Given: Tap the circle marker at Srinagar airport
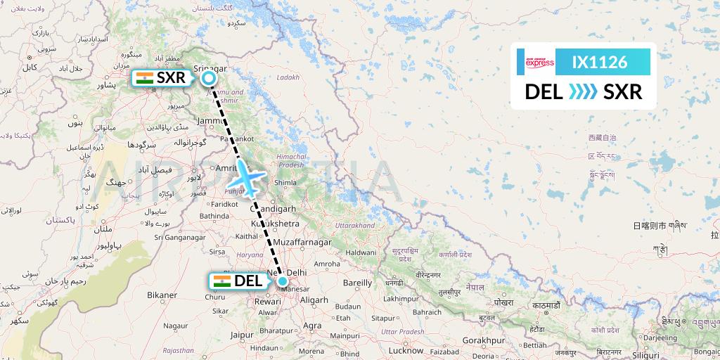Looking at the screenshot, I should pyautogui.click(x=209, y=78).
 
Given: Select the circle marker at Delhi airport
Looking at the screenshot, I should pyautogui.click(x=282, y=281).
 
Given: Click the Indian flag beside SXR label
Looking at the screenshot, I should pyautogui.click(x=145, y=78).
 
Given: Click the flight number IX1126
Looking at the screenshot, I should pyautogui.click(x=600, y=62).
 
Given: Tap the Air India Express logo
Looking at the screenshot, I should pyautogui.click(x=540, y=62).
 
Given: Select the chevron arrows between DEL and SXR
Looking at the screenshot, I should pyautogui.click(x=582, y=91).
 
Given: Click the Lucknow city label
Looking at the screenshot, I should pyautogui.click(x=406, y=349).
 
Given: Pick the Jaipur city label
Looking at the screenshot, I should pyautogui.click(x=241, y=335).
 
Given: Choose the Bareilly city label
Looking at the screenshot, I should pyautogui.click(x=356, y=283).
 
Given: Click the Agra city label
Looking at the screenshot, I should pyautogui.click(x=313, y=326).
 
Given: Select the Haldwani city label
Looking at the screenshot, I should pyautogui.click(x=360, y=251).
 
